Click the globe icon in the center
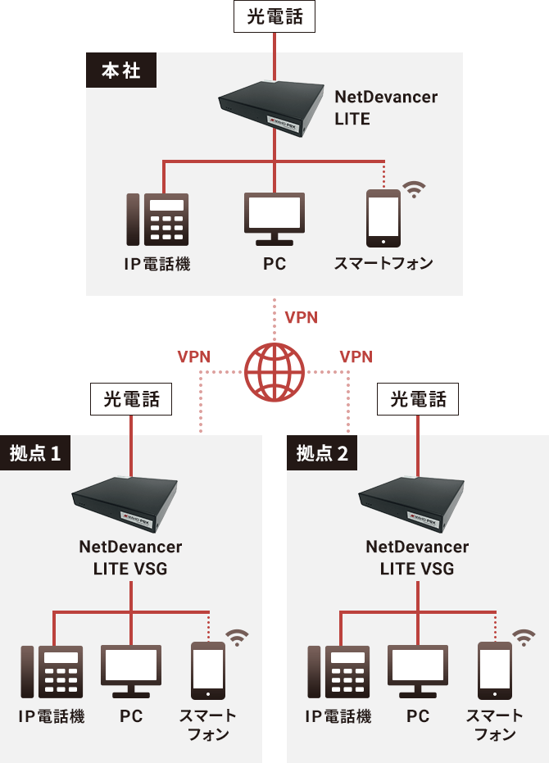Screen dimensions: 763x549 274,372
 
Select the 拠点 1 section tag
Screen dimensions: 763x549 36,453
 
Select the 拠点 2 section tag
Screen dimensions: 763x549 323,453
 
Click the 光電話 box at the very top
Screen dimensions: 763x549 274,17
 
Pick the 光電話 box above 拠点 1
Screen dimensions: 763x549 131,400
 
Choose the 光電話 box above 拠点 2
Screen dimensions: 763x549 418,400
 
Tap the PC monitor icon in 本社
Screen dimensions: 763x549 274,218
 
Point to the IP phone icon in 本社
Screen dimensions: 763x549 157,219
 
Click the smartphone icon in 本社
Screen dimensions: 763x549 383,219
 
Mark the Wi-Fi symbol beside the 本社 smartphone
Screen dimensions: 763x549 415,190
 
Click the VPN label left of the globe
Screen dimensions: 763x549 194,357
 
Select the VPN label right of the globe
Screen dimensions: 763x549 356,357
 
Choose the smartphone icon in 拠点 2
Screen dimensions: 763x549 495,670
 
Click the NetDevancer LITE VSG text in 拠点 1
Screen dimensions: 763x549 130,557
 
